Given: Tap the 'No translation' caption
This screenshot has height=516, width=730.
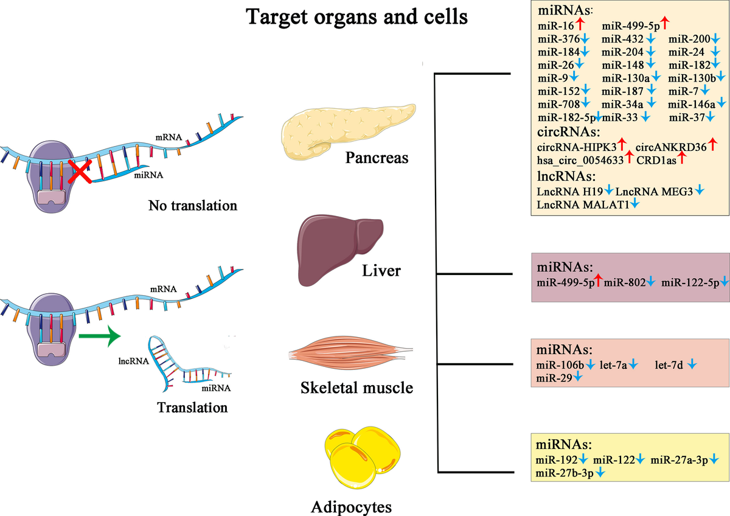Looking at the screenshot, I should point(192,206).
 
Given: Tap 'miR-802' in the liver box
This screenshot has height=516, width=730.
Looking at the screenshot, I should point(624,282).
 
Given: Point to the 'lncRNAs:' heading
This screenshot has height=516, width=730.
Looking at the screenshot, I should point(566,176).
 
